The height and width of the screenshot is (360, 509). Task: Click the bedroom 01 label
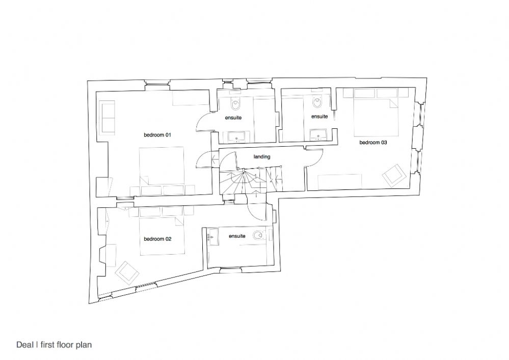click(x=157, y=135)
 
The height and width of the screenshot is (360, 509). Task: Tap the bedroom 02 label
click(x=157, y=239)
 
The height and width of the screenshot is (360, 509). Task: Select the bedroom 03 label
click(x=373, y=143)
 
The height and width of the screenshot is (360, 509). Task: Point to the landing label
click(x=262, y=157)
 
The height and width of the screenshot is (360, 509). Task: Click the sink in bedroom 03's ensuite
click(x=318, y=134)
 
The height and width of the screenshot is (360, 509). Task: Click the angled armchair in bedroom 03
click(x=394, y=176)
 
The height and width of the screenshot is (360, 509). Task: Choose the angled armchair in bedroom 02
click(x=127, y=272)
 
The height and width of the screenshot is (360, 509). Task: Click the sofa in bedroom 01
click(x=108, y=117)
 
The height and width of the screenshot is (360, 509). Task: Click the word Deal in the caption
click(x=25, y=345)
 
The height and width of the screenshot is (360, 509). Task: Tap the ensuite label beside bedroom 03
click(x=319, y=117)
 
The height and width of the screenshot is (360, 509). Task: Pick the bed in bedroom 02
click(x=162, y=236)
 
